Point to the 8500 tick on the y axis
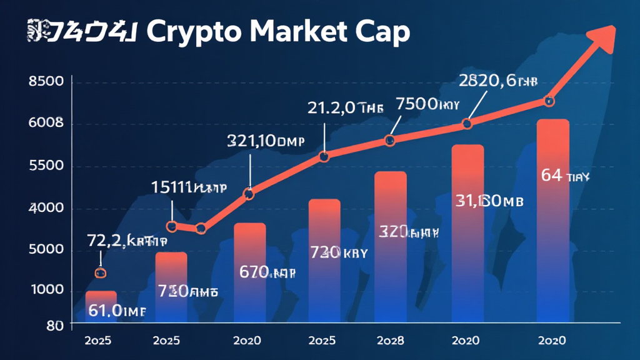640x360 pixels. pyautogui.click(x=46, y=81)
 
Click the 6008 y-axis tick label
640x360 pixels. pyautogui.click(x=46, y=124)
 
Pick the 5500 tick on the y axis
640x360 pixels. pyautogui.click(x=46, y=167)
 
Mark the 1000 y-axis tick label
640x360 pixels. pyautogui.click(x=46, y=290)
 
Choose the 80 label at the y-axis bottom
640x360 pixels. pyautogui.click(x=54, y=325)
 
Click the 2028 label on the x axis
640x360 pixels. pyautogui.click(x=390, y=341)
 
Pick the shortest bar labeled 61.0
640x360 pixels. pyautogui.click(x=101, y=306)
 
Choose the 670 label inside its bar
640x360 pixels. pyautogui.click(x=267, y=272)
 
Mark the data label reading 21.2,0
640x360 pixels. pyautogui.click(x=345, y=107)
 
